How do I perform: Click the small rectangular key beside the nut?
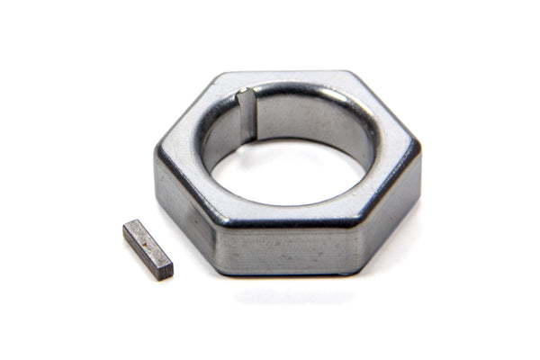click(x=148, y=249)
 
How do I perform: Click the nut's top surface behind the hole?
click(x=288, y=79)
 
